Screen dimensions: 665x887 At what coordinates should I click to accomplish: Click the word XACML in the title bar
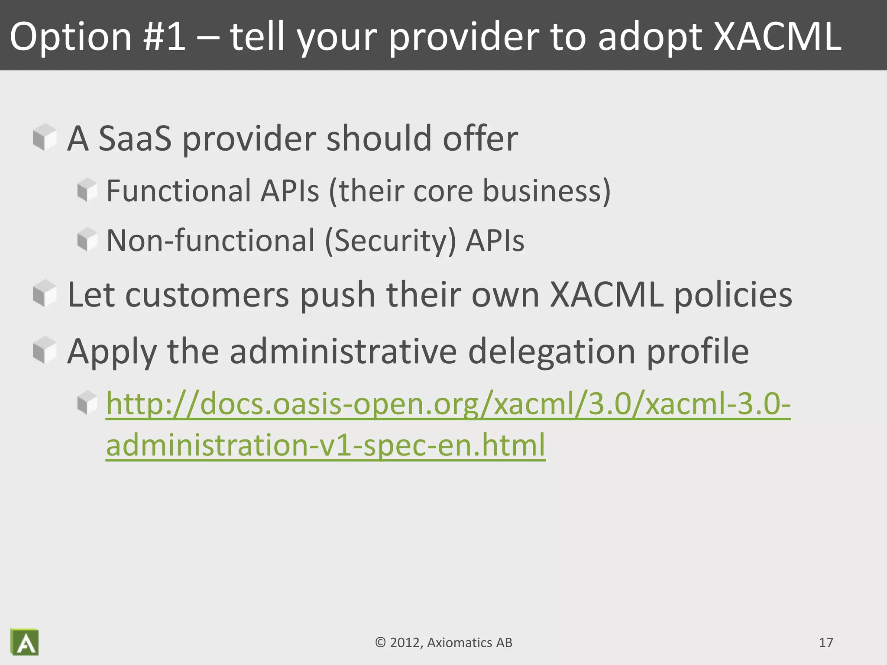(x=777, y=36)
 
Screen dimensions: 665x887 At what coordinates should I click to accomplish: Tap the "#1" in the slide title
(x=165, y=36)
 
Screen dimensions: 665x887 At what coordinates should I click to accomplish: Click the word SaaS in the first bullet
(x=135, y=139)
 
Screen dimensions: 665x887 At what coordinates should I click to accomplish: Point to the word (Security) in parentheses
(x=390, y=241)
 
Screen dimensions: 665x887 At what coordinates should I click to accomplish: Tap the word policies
(x=733, y=295)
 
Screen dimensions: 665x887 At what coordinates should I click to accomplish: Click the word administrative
(x=343, y=351)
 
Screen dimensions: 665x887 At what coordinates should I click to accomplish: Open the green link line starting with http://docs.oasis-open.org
(x=448, y=404)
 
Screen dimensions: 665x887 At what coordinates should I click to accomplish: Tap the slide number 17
(x=826, y=642)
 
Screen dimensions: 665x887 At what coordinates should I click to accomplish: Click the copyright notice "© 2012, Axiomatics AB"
(x=443, y=642)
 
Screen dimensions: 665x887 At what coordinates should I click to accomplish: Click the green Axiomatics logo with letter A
(x=25, y=642)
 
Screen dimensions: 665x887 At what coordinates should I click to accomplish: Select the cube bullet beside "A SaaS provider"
(x=45, y=137)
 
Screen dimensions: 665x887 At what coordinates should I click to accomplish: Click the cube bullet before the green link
(x=87, y=403)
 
